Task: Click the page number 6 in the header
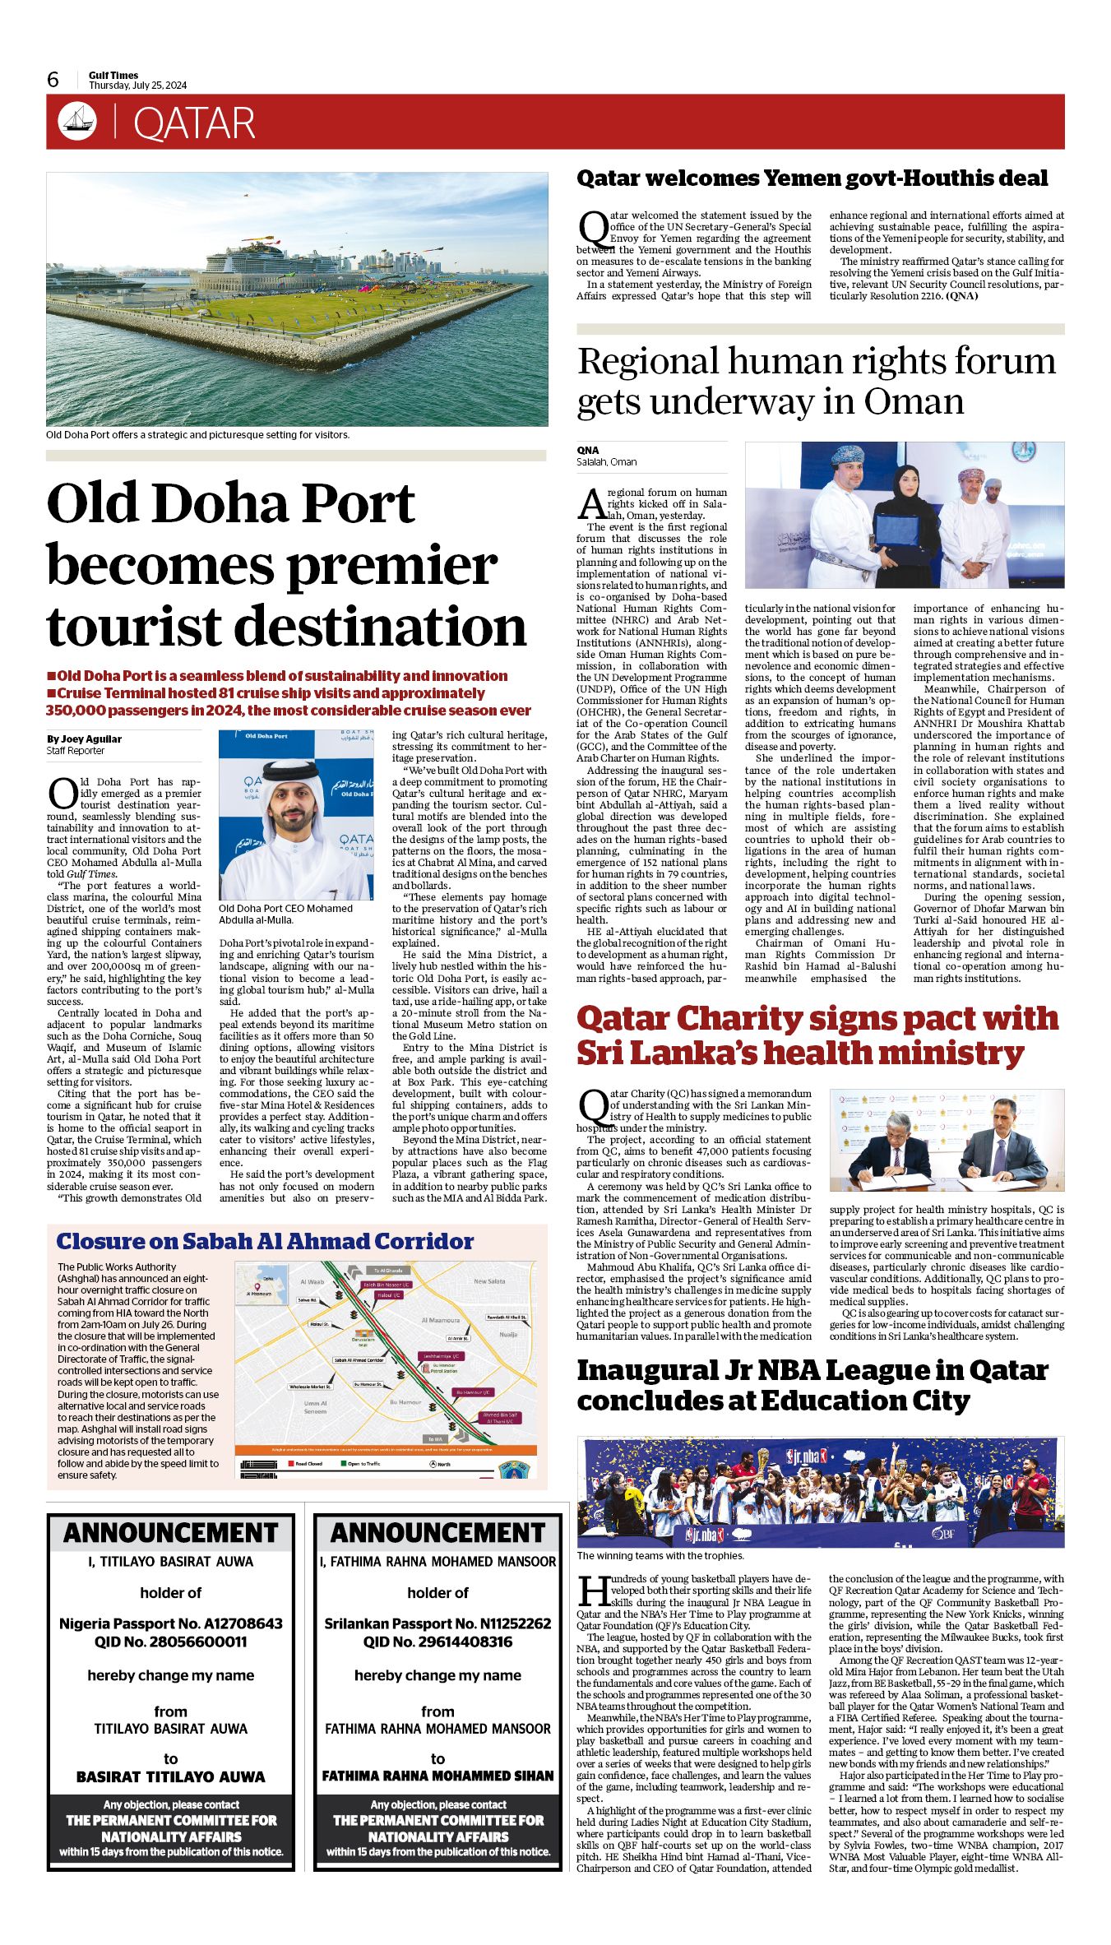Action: (53, 80)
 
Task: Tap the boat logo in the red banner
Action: (77, 122)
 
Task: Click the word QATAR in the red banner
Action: (194, 123)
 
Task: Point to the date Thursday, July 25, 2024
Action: (137, 86)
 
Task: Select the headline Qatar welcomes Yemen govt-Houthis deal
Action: (812, 178)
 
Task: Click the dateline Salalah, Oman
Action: (606, 462)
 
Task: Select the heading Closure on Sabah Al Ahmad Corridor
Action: (265, 1241)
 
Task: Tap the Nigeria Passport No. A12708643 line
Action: (171, 1623)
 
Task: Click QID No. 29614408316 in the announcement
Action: (437, 1642)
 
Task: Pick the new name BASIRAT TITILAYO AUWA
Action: (171, 1776)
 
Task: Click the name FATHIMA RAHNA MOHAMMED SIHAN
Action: (437, 1776)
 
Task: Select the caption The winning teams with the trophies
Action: (660, 1555)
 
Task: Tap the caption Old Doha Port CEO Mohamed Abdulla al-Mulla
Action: (285, 914)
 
